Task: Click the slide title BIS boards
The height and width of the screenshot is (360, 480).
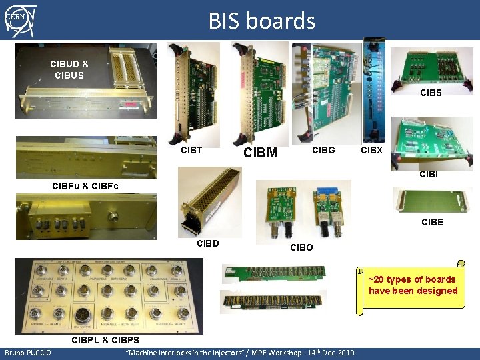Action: click(261, 21)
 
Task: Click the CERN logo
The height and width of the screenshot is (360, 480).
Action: click(19, 19)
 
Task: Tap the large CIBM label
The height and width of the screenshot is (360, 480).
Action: click(261, 153)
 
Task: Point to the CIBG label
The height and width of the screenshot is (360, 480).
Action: click(323, 150)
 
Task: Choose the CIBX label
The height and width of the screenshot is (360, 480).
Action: click(371, 150)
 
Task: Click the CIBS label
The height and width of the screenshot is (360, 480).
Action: click(431, 93)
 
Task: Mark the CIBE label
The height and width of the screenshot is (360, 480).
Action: click(432, 222)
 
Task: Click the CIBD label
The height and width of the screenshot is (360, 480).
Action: click(208, 242)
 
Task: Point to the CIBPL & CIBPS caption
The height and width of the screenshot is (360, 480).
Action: click(105, 341)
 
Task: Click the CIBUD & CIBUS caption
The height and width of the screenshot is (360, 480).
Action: click(69, 69)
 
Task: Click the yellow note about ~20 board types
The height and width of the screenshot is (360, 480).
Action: click(413, 285)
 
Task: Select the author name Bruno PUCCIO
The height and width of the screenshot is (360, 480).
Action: click(26, 353)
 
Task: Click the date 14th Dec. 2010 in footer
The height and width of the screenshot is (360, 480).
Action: click(327, 353)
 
